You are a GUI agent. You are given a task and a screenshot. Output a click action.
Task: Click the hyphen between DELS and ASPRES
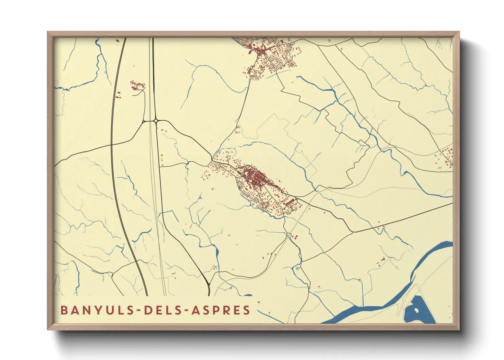(186, 311)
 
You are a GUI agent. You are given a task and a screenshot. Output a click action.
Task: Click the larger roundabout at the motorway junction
(156, 120)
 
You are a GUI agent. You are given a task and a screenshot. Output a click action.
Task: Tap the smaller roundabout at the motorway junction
(144, 121)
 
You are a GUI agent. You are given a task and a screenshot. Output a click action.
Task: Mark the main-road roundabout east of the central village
(297, 199)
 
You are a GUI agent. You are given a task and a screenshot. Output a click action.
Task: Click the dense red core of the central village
(254, 177)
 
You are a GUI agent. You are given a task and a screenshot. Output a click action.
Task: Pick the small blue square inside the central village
(240, 186)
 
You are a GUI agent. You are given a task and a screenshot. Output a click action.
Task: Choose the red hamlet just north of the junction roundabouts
(138, 85)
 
